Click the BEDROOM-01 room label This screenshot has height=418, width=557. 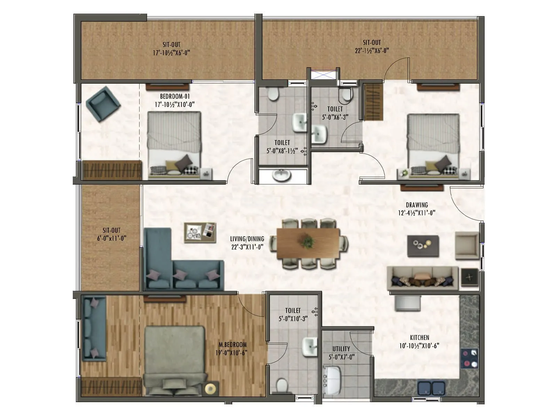(x=175, y=96)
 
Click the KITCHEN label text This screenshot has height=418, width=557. (x=419, y=338)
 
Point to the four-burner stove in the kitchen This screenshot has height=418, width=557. (x=469, y=358)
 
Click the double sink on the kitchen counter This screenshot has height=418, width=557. (x=432, y=388)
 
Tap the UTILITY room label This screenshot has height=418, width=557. (x=341, y=349)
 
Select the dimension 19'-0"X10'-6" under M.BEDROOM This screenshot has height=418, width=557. (x=231, y=353)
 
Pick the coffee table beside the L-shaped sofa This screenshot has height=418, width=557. (x=200, y=232)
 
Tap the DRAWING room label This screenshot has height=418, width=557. (x=417, y=205)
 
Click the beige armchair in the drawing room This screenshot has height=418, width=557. (x=467, y=246)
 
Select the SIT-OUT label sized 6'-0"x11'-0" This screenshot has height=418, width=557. (x=111, y=230)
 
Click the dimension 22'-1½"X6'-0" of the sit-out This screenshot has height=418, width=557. (x=371, y=51)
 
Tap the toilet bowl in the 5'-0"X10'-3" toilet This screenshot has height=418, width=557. (x=282, y=386)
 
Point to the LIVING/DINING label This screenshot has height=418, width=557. (x=247, y=239)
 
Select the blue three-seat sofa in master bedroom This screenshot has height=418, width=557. (x=94, y=328)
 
